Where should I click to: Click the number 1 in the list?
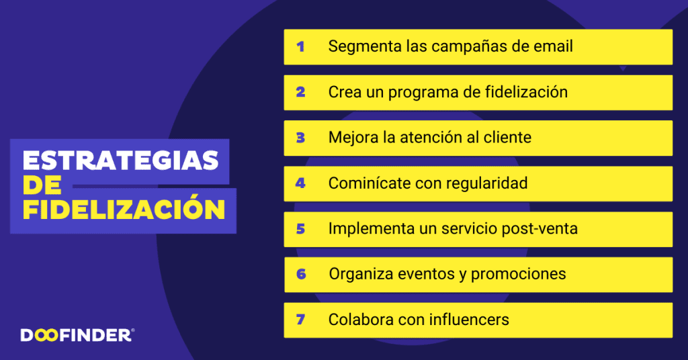(x=300, y=47)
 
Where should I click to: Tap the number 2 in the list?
(x=300, y=93)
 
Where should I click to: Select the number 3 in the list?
(x=300, y=138)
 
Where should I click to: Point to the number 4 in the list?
(x=300, y=183)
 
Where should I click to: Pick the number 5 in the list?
(x=300, y=229)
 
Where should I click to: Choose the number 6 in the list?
(x=300, y=275)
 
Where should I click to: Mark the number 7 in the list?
(x=300, y=320)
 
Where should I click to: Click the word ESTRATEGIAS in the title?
(x=121, y=161)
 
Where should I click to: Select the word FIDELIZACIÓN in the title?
(x=124, y=209)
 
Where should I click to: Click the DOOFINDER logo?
(x=77, y=334)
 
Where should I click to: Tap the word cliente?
(x=506, y=138)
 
